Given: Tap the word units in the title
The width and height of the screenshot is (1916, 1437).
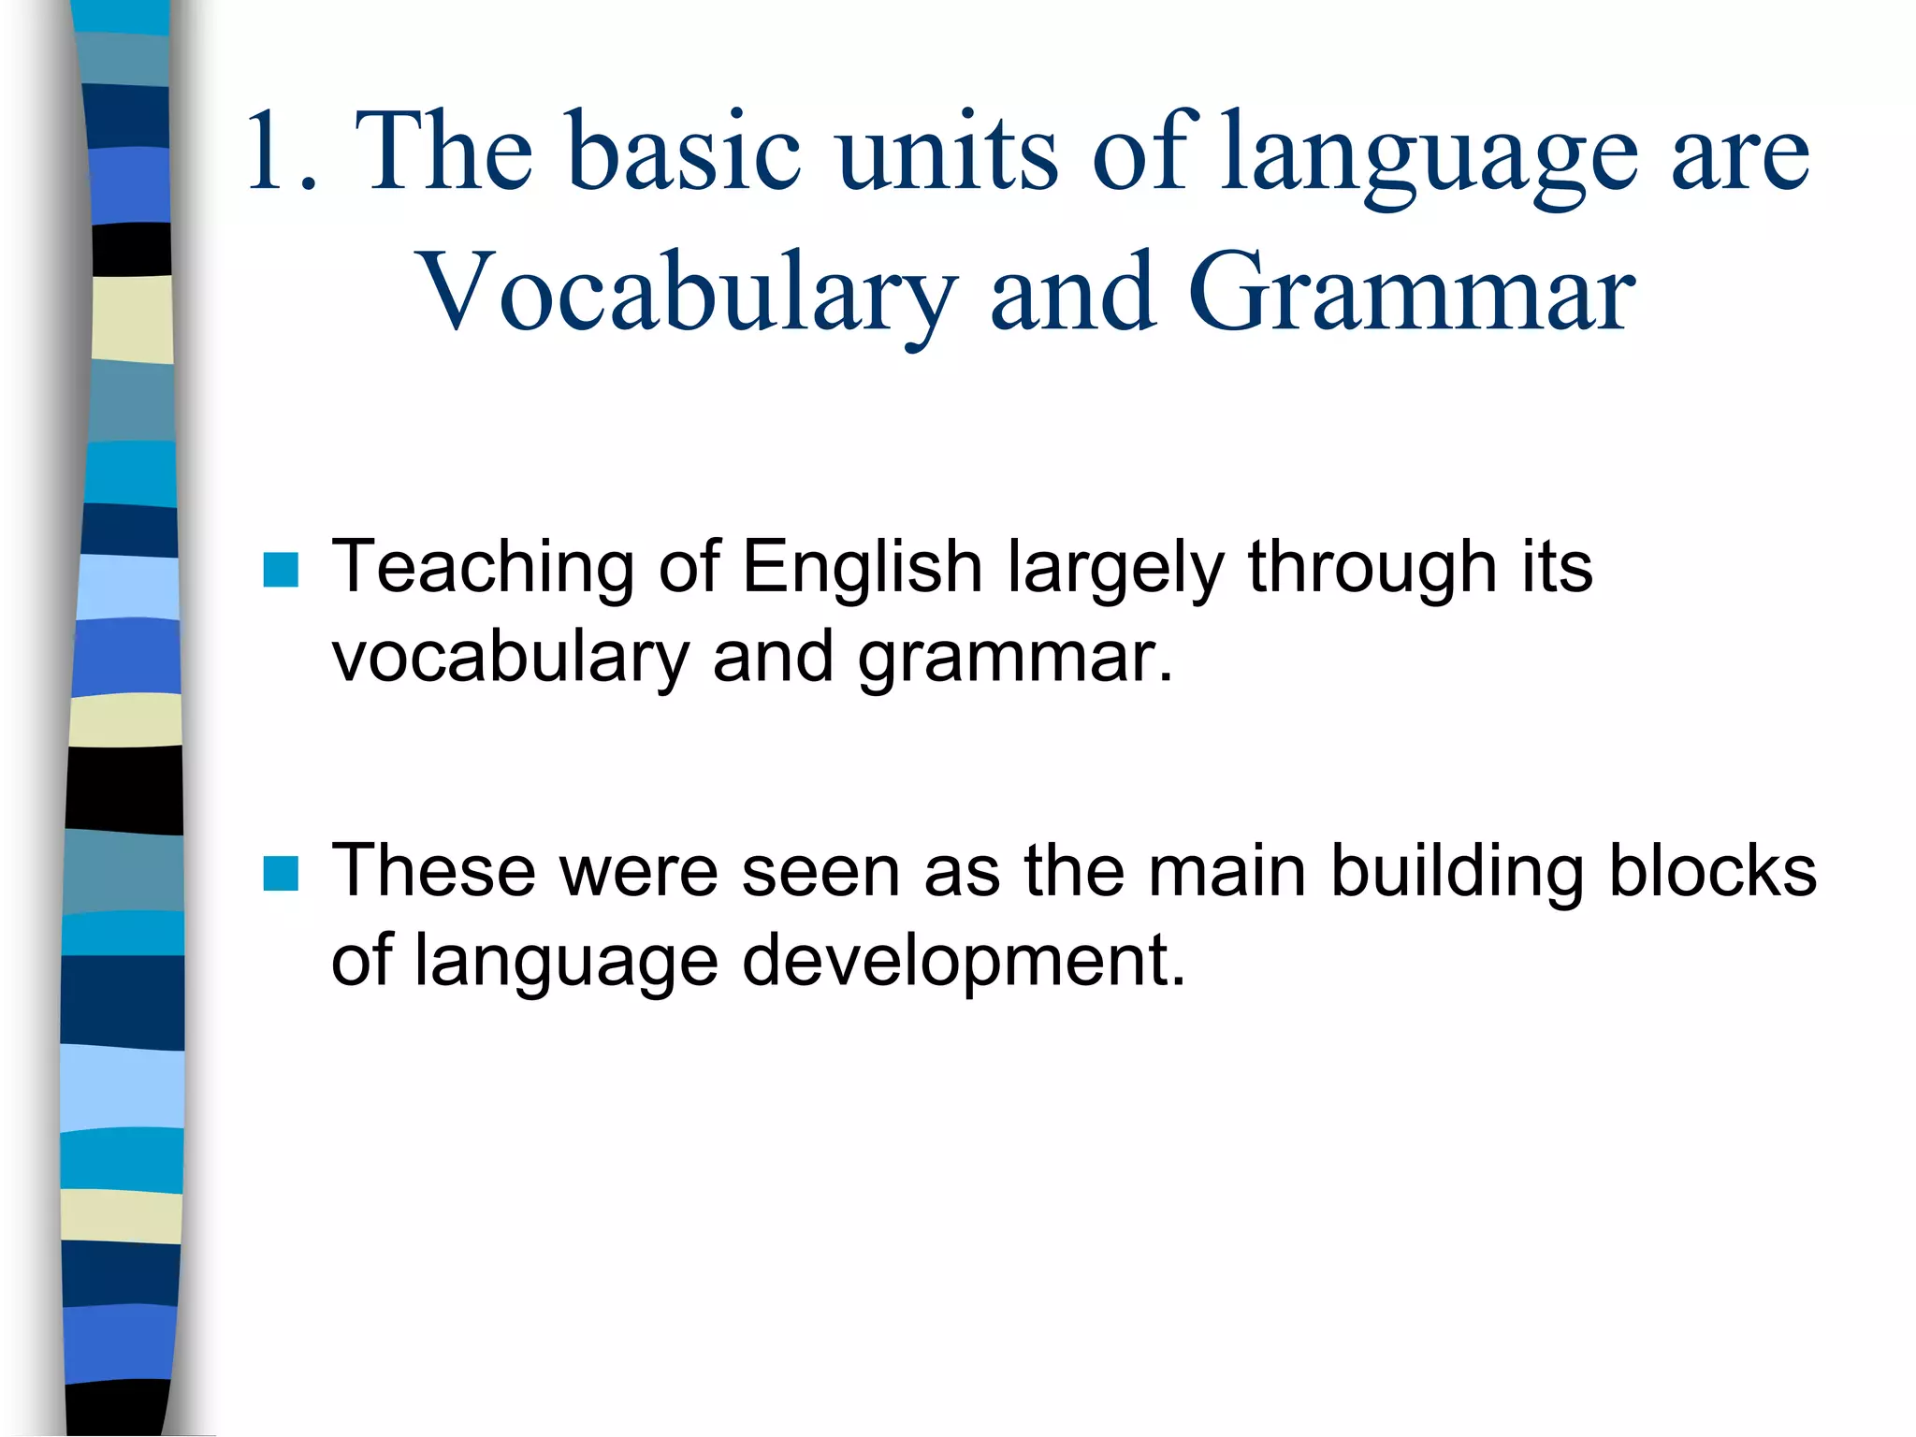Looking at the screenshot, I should [x=948, y=152].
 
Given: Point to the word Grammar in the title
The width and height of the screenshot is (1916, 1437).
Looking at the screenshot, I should [x=1411, y=295].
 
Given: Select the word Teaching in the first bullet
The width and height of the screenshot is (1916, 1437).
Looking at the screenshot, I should [x=483, y=569].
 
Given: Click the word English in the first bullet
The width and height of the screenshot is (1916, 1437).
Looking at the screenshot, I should [x=862, y=567].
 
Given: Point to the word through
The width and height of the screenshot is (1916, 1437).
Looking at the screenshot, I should [x=1372, y=569].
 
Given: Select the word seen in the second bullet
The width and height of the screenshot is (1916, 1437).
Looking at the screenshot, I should [x=822, y=873].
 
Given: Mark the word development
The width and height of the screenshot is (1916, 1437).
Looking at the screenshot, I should [x=964, y=962].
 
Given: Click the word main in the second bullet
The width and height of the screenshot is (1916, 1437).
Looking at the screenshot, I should [x=1227, y=871].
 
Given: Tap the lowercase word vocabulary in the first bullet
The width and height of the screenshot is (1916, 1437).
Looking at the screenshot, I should [x=510, y=658].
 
